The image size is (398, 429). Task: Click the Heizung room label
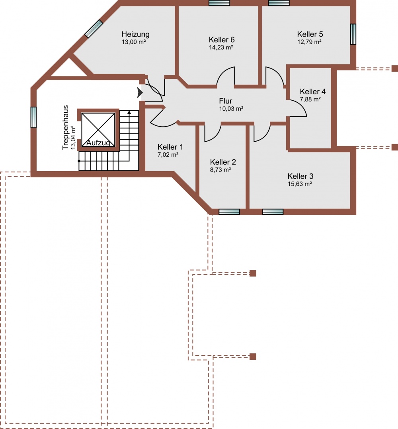(x=135, y=35)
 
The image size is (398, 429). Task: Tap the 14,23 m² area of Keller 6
(x=221, y=47)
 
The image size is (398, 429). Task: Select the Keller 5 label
(x=310, y=34)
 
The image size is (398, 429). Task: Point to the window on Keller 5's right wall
(x=353, y=34)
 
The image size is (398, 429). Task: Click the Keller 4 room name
(x=313, y=92)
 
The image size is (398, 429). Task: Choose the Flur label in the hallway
(x=226, y=101)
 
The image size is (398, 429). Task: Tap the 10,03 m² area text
(x=231, y=109)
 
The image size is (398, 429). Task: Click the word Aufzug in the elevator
(x=98, y=143)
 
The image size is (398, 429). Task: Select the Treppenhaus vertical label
(x=65, y=127)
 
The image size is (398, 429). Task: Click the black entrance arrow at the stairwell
(x=140, y=93)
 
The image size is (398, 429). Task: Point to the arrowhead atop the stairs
(x=129, y=112)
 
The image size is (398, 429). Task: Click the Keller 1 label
(x=170, y=147)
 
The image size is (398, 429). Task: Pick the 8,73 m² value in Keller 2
(x=220, y=170)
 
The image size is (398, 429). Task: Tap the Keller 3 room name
(x=300, y=176)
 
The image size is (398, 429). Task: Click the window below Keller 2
(x=229, y=212)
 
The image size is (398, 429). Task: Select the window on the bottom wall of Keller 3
(x=273, y=212)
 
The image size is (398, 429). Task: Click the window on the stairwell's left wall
(x=33, y=117)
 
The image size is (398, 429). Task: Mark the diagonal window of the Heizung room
(x=94, y=29)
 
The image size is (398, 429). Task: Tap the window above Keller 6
(x=219, y=3)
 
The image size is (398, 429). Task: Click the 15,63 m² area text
(x=300, y=184)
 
